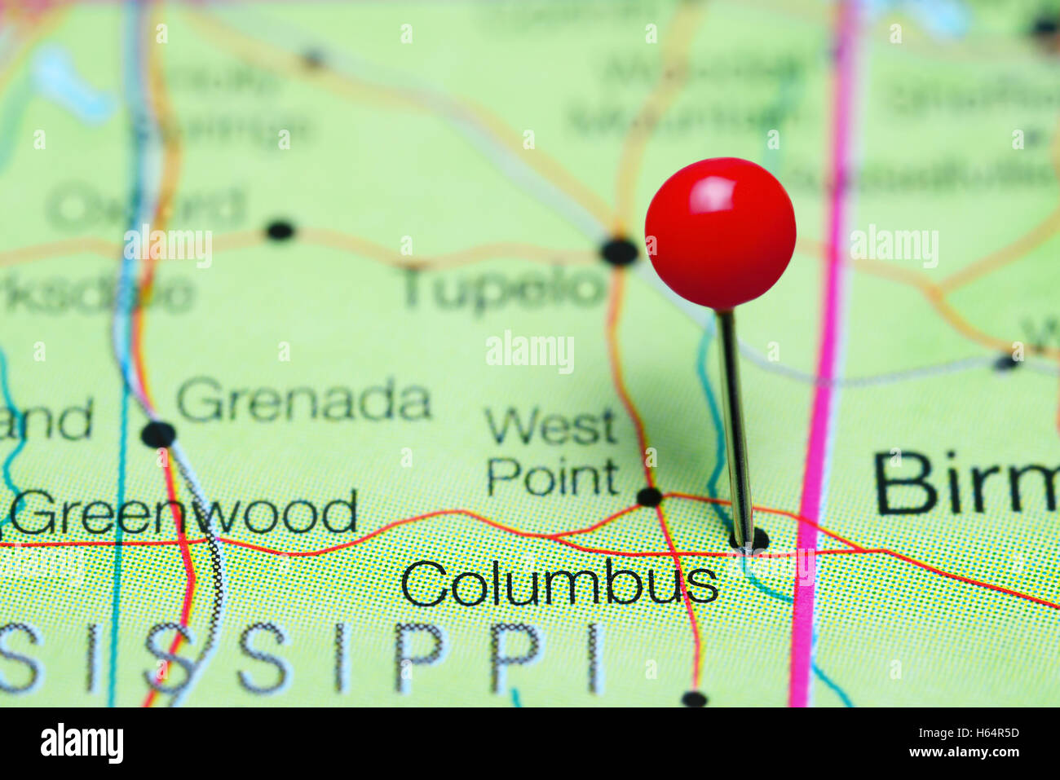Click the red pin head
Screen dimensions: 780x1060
(720, 233)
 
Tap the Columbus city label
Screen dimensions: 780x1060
(559, 584)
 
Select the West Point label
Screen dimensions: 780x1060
(553, 452)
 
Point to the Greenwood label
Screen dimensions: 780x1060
(184, 513)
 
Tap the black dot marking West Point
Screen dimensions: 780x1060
(649, 496)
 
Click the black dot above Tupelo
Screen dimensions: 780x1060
(619, 251)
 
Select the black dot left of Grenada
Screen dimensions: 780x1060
(158, 434)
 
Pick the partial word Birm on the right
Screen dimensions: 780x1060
(966, 483)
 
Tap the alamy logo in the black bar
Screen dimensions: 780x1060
(82, 743)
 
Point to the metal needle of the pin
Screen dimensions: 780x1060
(735, 424)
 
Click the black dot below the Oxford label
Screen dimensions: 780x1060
(280, 231)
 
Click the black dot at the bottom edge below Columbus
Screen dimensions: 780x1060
(693, 698)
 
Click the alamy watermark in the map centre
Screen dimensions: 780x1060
(530, 353)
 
